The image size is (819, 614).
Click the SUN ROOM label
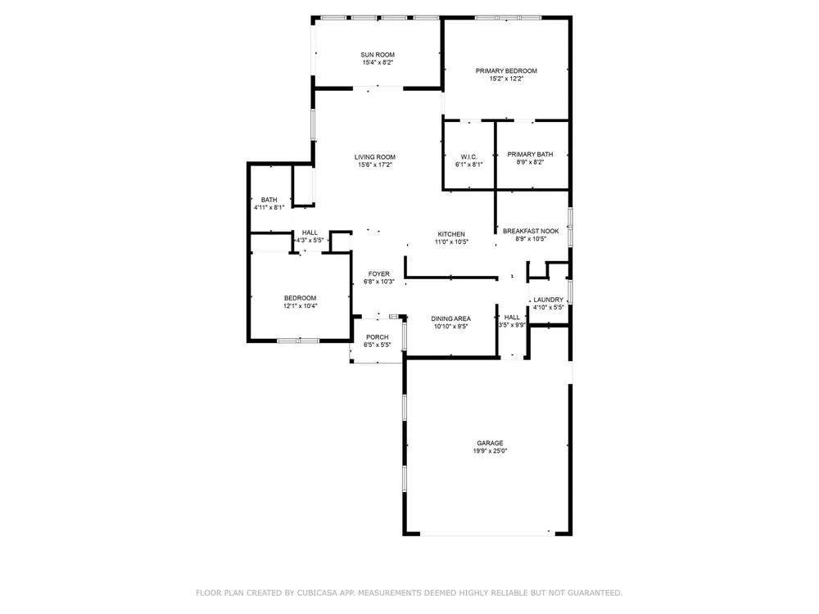tap(378, 55)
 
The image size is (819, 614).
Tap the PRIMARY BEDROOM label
tap(506, 71)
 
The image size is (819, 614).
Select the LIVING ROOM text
tap(375, 157)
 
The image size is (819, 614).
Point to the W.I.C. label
tap(469, 157)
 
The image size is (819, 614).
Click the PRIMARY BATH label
tap(530, 155)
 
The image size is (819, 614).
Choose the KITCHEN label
tap(451, 234)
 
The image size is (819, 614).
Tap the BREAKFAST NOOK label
tap(531, 232)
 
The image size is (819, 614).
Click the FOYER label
tap(378, 274)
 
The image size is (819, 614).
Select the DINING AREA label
tap(450, 319)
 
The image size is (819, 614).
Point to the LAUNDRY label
tap(549, 300)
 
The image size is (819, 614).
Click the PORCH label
tap(377, 337)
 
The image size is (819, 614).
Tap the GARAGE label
tap(490, 443)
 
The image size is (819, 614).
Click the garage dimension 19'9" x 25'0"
tap(490, 451)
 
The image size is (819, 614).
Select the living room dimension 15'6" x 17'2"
tap(375, 165)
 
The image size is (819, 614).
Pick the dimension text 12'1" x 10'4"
tap(301, 306)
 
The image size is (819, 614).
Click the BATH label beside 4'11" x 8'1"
tap(269, 200)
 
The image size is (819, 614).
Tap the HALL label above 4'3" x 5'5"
tap(310, 233)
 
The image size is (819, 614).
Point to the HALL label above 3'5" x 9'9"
tap(512, 318)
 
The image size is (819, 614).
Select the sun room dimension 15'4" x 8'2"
tap(378, 63)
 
